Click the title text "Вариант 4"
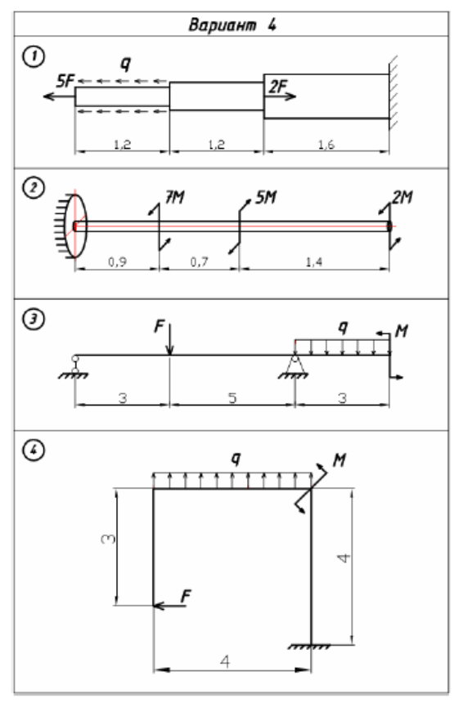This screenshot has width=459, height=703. [x=232, y=25]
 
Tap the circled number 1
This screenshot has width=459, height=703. [x=34, y=57]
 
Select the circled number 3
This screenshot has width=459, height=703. [x=34, y=320]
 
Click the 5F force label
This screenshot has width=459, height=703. [x=65, y=82]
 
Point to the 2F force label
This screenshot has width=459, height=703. [x=278, y=86]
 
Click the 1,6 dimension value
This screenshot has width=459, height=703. [x=326, y=145]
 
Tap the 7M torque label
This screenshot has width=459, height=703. [x=175, y=197]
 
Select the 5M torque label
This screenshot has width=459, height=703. [x=266, y=197]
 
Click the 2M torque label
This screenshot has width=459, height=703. [x=403, y=197]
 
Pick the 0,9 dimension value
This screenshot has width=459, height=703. [x=118, y=262]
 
